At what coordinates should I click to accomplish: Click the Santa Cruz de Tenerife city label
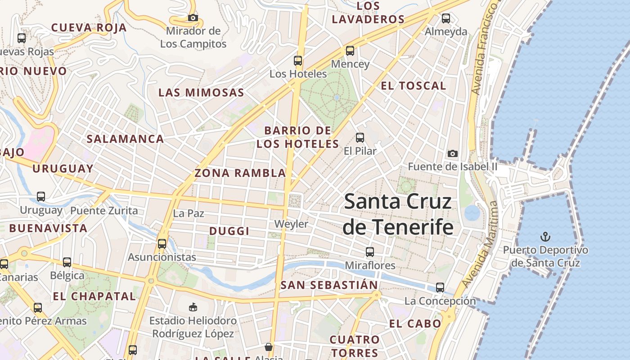pos(398,214)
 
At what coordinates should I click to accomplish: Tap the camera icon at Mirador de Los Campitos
pos(193,18)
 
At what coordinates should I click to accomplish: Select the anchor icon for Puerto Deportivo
pos(545,236)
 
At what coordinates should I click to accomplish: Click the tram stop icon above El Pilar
pos(360,138)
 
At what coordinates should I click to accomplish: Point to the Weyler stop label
pos(292,224)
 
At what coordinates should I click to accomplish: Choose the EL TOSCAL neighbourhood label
pos(413,86)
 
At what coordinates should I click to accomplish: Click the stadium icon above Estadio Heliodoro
pos(193,307)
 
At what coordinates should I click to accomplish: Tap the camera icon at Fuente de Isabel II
pos(453,153)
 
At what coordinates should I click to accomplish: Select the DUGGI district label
pos(229,231)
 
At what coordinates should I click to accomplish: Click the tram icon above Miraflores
pos(370,252)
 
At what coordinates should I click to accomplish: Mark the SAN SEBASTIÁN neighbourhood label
pos(329,285)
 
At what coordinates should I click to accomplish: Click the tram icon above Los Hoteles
pos(297,61)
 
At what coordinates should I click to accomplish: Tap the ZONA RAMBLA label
pos(240,173)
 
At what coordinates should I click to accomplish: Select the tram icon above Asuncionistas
pos(162,244)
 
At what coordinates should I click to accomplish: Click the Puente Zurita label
pos(104,211)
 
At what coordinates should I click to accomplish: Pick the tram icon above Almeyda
pos(446,18)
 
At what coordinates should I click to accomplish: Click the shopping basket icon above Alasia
pos(269,347)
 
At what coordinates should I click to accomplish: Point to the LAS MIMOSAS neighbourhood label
pos(201,93)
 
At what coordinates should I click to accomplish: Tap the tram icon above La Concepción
pos(440,288)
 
